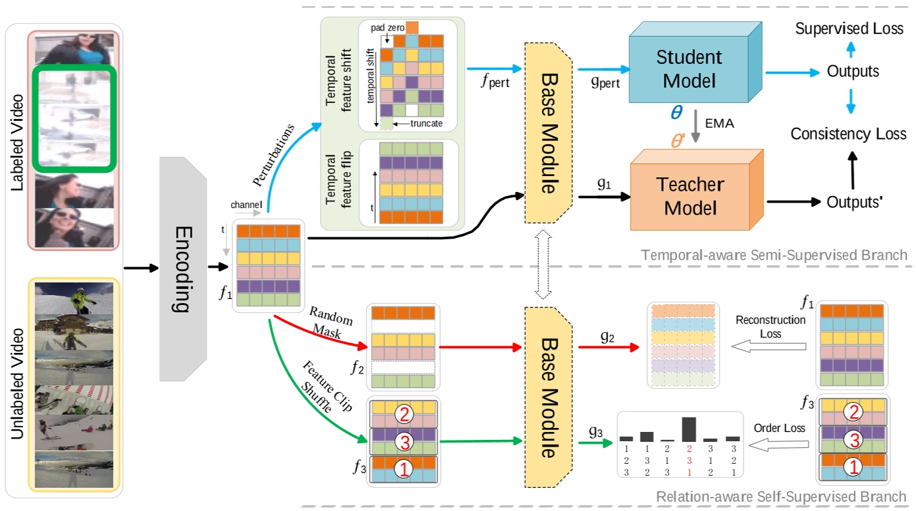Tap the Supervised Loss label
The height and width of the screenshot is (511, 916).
click(x=849, y=29)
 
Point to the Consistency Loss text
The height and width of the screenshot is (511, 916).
click(x=848, y=134)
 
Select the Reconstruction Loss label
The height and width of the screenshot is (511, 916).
click(x=770, y=326)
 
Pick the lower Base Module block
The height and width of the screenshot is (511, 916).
click(x=548, y=392)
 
